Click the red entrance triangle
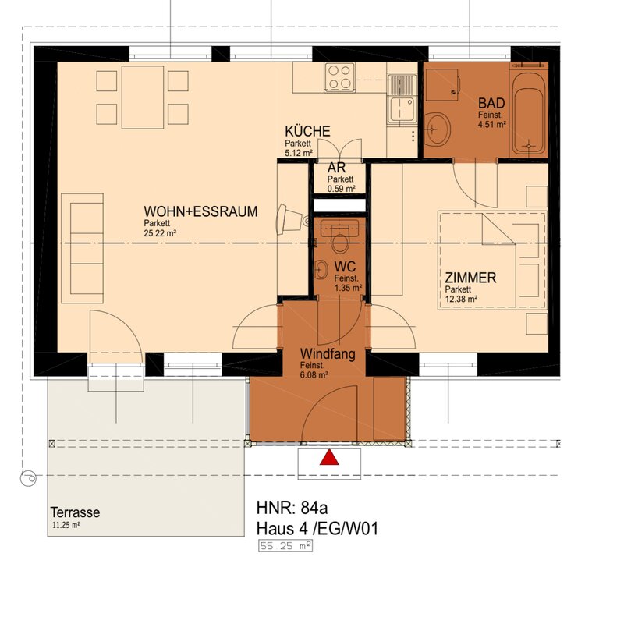point(329,457)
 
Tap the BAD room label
point(491,104)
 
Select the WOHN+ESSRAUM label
point(200,211)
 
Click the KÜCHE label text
point(307,131)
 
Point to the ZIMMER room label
point(470,278)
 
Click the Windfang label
point(328,353)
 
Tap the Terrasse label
point(75,512)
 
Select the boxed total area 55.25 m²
point(285,545)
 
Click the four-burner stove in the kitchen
point(339,77)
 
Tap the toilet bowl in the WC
point(340,243)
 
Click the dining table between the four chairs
point(143,97)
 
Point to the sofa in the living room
point(83,248)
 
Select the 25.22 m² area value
point(160,233)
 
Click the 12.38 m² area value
point(461,299)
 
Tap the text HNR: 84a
point(292,508)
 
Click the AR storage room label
point(336,168)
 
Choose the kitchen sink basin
point(402,109)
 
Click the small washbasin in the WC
point(321,270)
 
